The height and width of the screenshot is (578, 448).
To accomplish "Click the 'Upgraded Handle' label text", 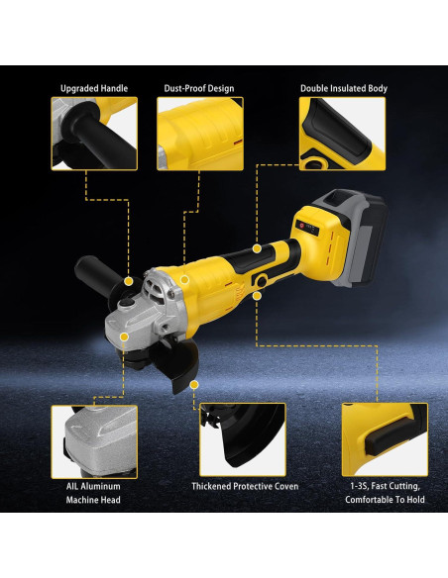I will pos(93,88).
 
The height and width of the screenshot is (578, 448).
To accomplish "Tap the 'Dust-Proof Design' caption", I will pos(199,88).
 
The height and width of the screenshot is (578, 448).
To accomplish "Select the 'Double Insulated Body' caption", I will pos(343,88).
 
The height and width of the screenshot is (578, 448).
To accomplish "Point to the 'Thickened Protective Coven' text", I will pos(245,486).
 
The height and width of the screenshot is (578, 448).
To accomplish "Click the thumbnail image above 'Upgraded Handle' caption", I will pos(93,135).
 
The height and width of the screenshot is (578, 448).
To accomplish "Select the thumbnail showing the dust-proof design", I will pos(199,135).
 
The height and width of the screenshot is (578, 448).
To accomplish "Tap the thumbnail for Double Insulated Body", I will pos(343,135).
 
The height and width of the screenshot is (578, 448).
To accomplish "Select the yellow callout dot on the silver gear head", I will pos(125,337).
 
